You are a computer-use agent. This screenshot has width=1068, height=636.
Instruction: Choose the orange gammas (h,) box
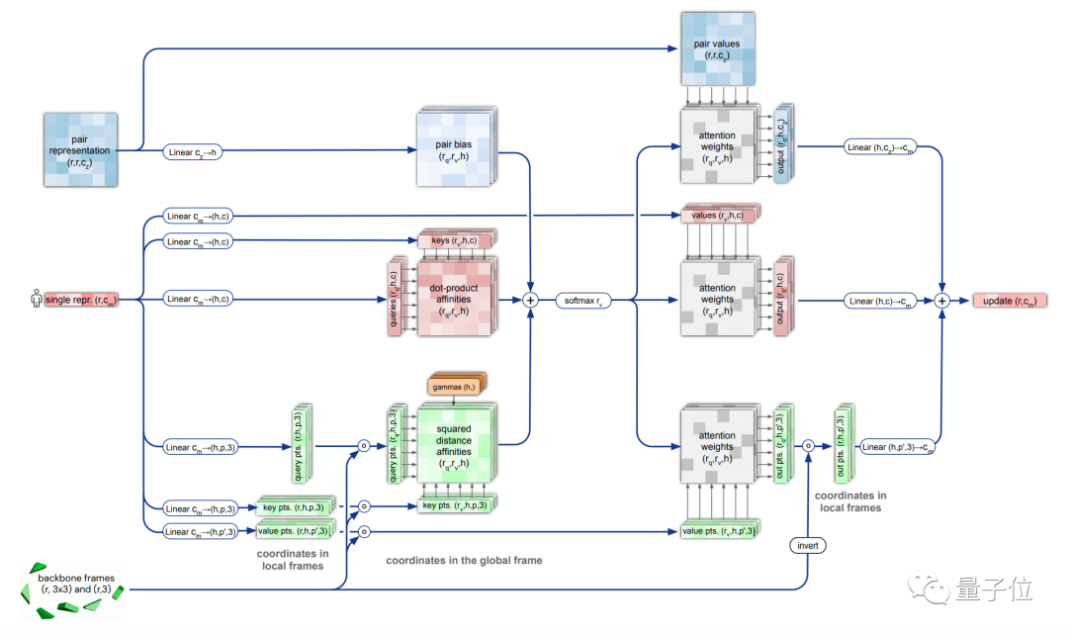[455, 386]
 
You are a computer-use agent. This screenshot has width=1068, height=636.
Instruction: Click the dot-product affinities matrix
[454, 298]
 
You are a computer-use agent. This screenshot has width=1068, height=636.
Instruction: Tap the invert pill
[807, 545]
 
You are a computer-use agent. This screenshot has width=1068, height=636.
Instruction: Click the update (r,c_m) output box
[1010, 300]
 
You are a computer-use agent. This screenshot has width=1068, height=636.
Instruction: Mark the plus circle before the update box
[942, 300]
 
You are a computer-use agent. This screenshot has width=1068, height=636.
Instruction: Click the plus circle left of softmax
[530, 299]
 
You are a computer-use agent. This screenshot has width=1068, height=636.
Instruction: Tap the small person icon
[37, 299]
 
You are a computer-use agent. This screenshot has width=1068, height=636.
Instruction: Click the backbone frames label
[77, 583]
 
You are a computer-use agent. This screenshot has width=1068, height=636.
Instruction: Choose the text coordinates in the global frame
[464, 561]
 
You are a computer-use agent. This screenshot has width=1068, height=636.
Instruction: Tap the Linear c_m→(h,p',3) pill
[202, 531]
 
